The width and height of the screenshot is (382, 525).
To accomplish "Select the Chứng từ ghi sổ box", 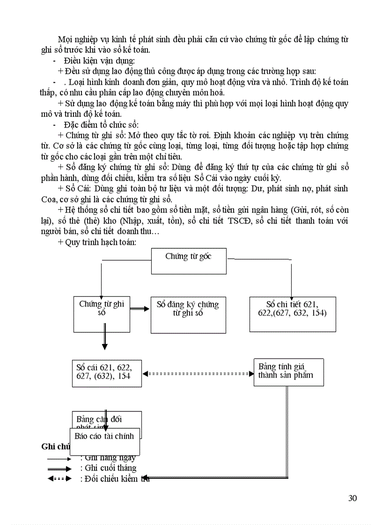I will [x=102, y=314].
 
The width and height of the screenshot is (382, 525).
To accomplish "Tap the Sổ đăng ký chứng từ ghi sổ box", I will [x=188, y=314].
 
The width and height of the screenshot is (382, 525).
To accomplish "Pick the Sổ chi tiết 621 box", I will [x=292, y=314].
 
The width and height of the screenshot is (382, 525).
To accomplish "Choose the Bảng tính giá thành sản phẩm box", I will [x=288, y=372].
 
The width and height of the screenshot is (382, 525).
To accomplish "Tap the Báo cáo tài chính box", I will [x=105, y=441].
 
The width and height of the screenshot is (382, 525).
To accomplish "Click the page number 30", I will [x=353, y=498].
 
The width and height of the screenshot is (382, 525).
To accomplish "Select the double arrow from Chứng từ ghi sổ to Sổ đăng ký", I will [x=140, y=309].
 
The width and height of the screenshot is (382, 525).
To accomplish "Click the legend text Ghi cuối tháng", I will [x=109, y=468].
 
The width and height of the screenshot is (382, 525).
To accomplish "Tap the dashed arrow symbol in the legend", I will [x=59, y=479].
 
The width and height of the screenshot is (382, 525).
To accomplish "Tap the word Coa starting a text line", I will [x=50, y=199].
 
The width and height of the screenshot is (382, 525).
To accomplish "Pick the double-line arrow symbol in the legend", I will [x=59, y=468].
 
